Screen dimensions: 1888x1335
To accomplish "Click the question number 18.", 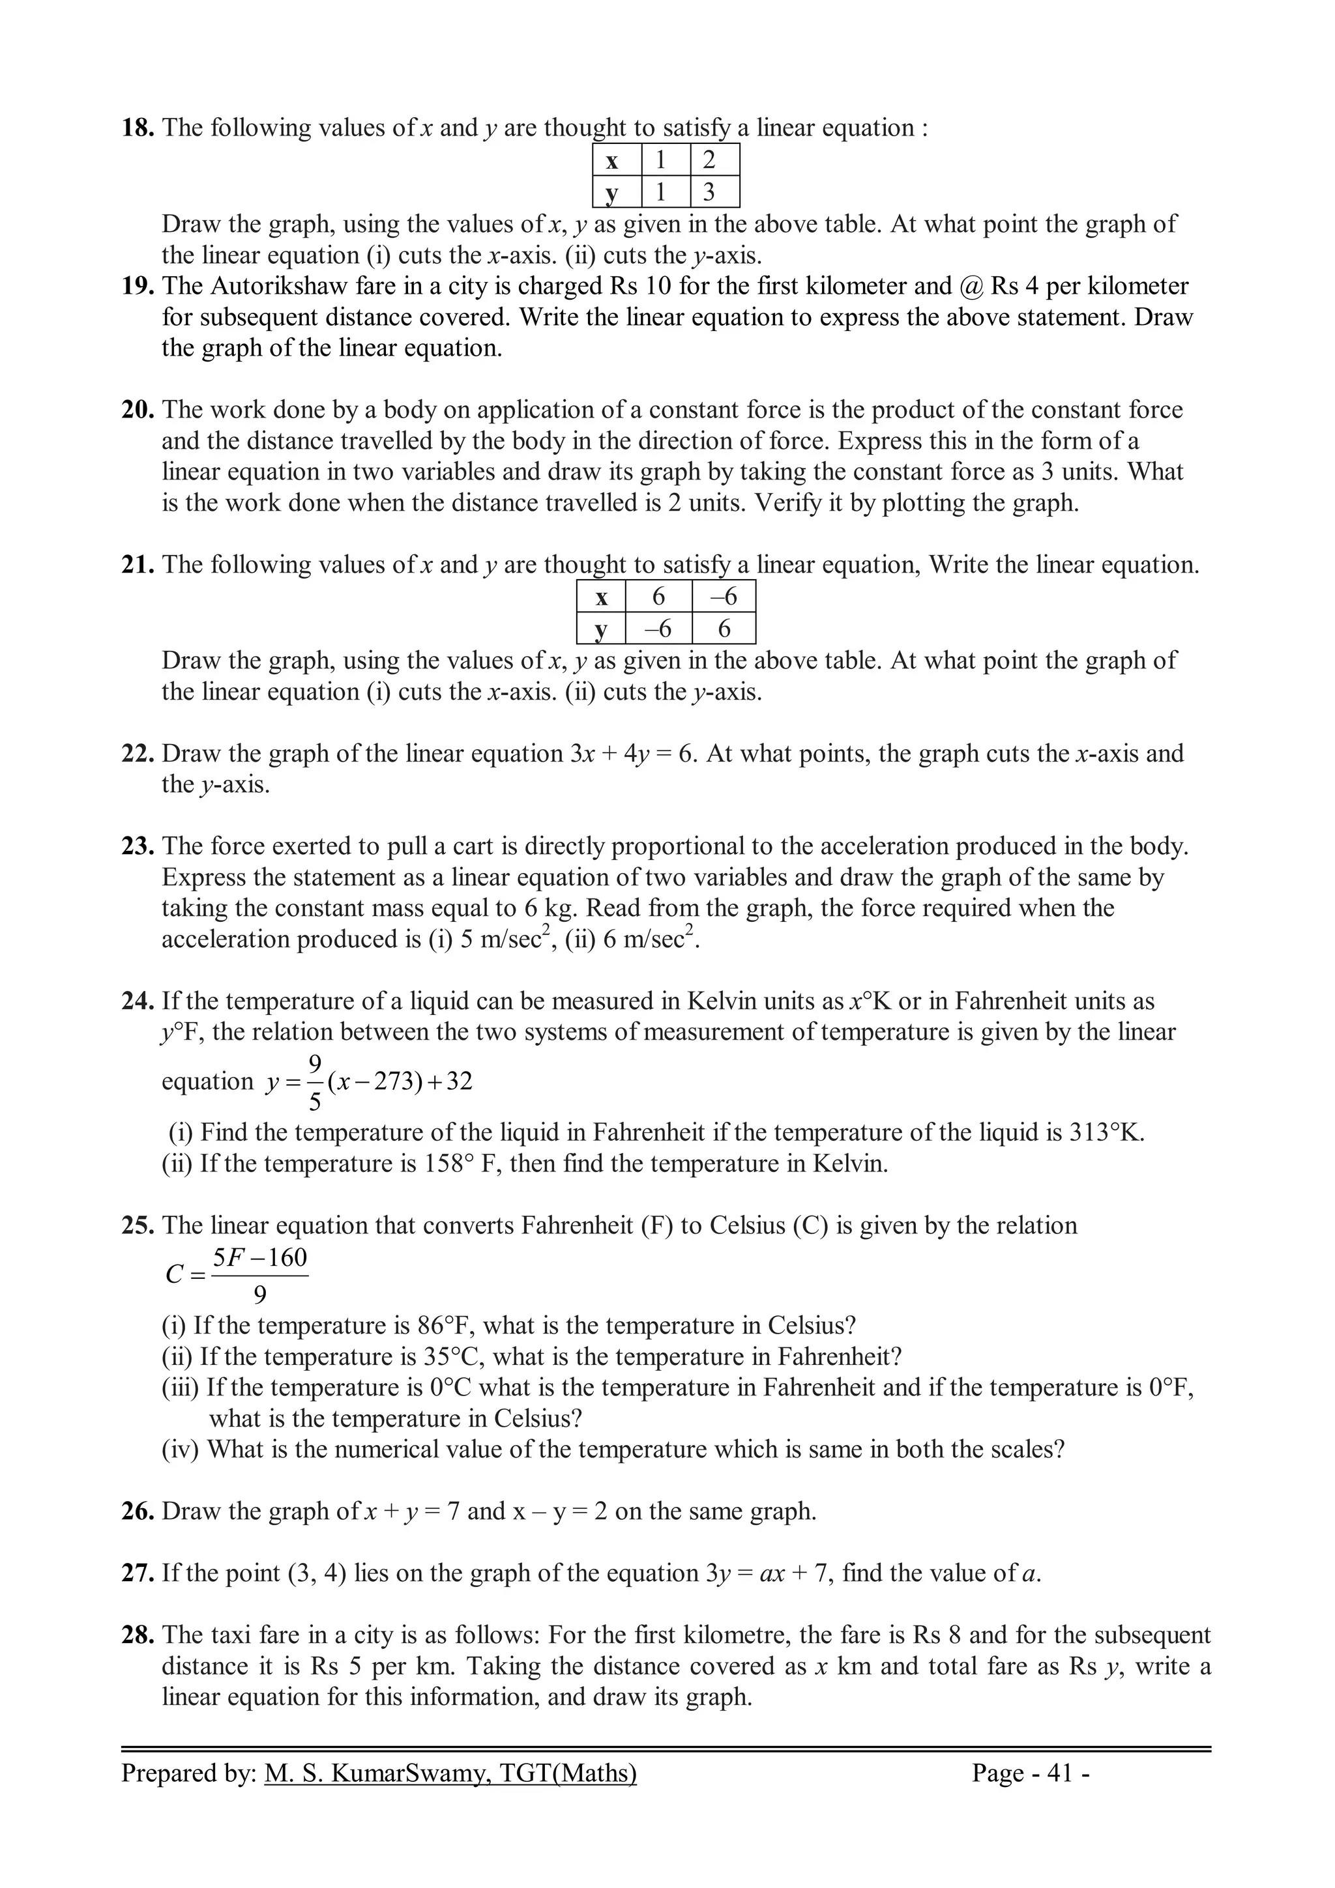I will pyautogui.click(x=138, y=128).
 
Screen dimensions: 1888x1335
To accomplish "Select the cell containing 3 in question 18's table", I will pyautogui.click(x=708, y=192).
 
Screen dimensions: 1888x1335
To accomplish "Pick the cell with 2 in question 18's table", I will pyautogui.click(x=708, y=160).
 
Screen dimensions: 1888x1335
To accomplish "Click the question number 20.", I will pyautogui.click(x=138, y=410).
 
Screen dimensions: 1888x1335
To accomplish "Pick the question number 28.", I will pyautogui.click(x=138, y=1636).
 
